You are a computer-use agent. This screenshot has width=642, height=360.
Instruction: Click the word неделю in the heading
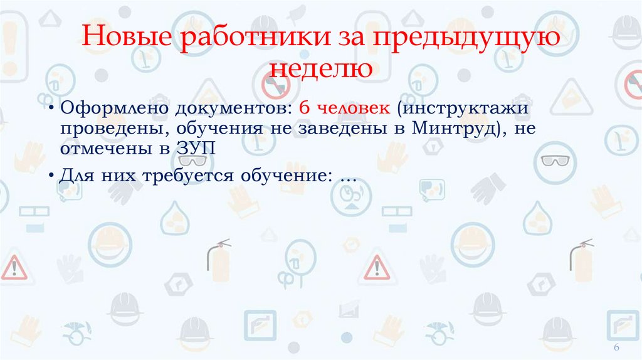click(320, 67)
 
